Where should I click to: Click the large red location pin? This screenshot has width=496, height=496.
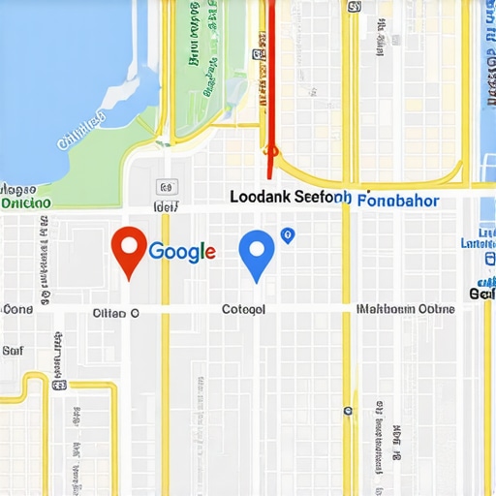coord(129,247)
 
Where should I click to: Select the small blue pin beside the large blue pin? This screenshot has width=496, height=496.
coord(287,234)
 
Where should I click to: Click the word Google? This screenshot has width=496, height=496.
coord(181,252)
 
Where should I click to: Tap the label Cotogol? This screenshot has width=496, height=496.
coord(243,311)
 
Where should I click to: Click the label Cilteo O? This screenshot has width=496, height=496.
coord(116,313)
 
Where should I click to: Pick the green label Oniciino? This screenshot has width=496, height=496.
coord(26,203)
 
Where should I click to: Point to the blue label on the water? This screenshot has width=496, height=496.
coord(82,131)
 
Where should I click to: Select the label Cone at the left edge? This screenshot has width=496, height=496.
coord(16,310)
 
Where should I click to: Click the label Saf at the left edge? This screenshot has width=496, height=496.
coord(13,351)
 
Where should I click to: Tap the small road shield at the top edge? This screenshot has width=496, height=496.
coord(354,7)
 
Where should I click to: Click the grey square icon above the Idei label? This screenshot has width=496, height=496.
coord(165,186)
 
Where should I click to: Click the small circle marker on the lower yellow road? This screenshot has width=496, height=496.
coord(348,411)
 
